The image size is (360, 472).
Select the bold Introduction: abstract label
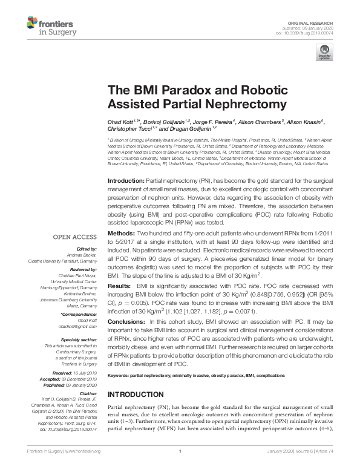click(x=127, y=182)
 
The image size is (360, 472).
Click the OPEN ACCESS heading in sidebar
click(x=74, y=238)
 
